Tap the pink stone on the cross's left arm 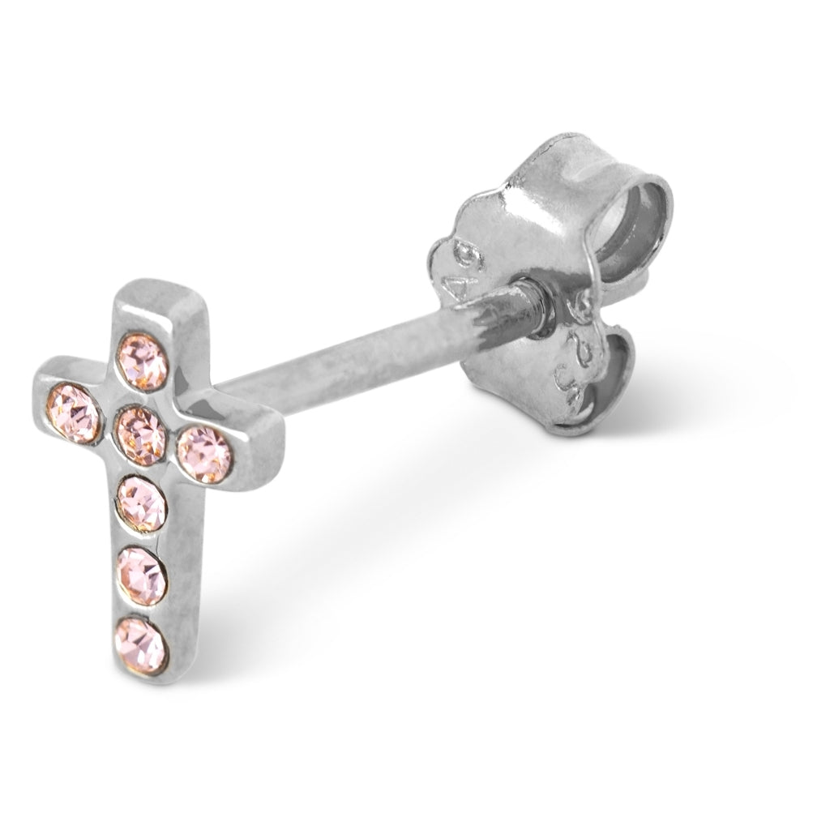(x=74, y=410)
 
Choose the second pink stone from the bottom (x=142, y=572)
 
